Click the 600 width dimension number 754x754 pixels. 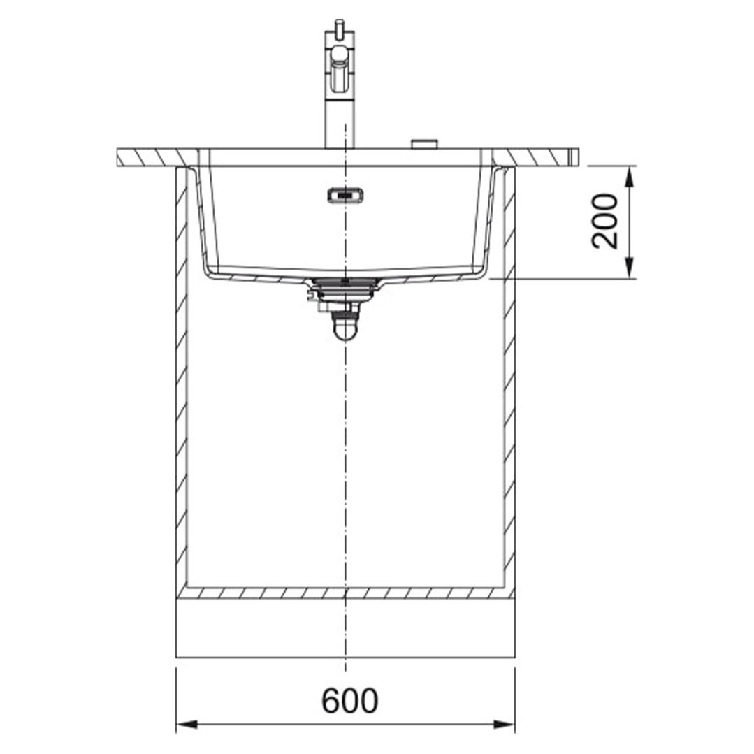tap(349, 701)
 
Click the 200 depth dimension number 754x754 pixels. tap(604, 222)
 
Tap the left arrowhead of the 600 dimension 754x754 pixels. tap(187, 724)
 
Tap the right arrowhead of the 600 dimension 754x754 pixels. tap(504, 724)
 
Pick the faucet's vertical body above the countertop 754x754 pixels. tap(340, 120)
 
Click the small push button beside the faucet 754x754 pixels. tap(423, 144)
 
